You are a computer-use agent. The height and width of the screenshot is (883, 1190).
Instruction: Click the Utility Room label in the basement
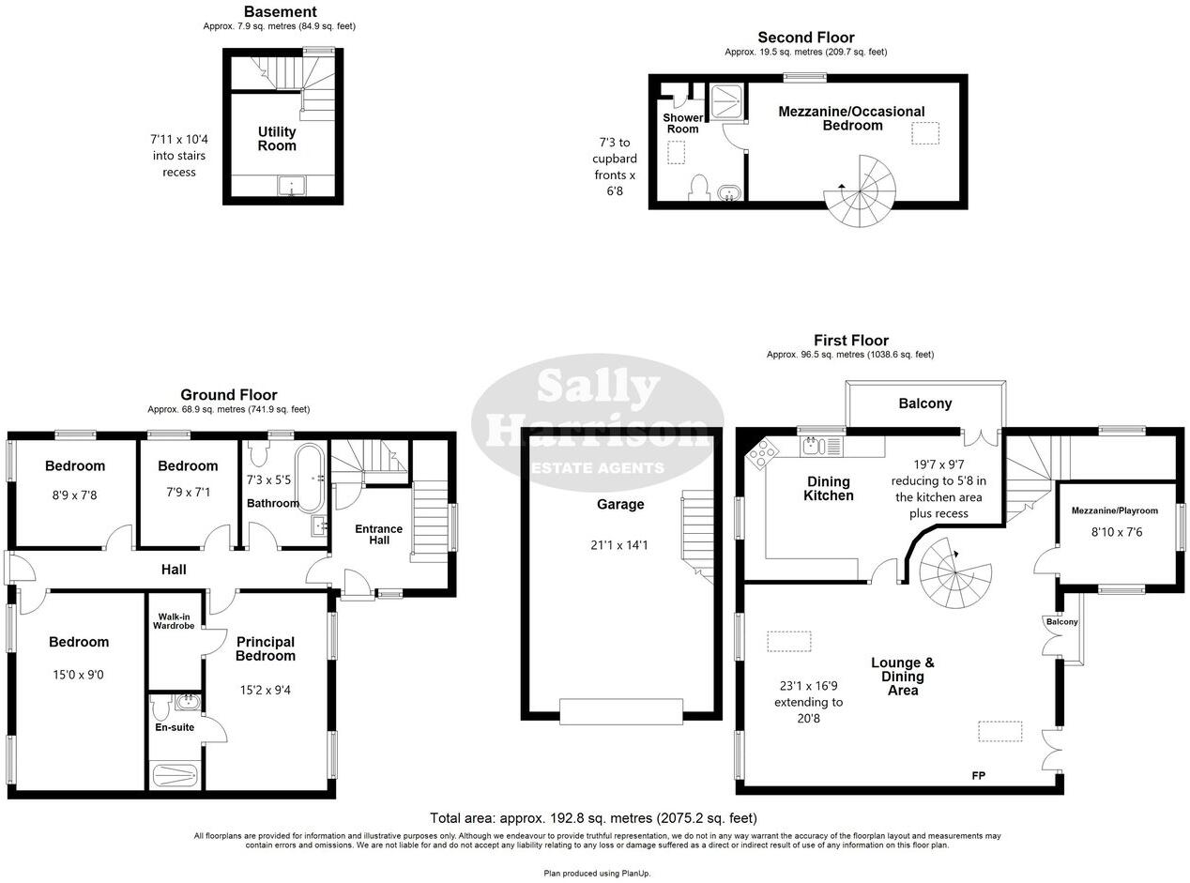point(277,139)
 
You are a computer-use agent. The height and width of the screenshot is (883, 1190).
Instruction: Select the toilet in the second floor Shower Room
point(698,187)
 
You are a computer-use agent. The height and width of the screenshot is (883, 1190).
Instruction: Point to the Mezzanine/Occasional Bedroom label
point(851,118)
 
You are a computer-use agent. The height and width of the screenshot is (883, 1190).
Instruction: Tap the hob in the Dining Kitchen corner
point(761,455)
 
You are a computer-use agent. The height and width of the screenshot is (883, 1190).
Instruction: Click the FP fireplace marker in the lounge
point(979,776)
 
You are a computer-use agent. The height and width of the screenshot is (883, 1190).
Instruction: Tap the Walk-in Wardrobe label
point(174,620)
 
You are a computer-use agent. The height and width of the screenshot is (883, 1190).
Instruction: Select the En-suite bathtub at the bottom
point(175,775)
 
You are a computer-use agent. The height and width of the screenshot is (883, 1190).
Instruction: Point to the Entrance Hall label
point(378,534)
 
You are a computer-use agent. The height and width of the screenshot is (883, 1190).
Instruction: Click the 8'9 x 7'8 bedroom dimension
point(75,495)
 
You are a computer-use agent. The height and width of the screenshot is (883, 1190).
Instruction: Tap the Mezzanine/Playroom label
point(1114,510)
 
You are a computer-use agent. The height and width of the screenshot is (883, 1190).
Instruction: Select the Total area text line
point(593,818)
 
